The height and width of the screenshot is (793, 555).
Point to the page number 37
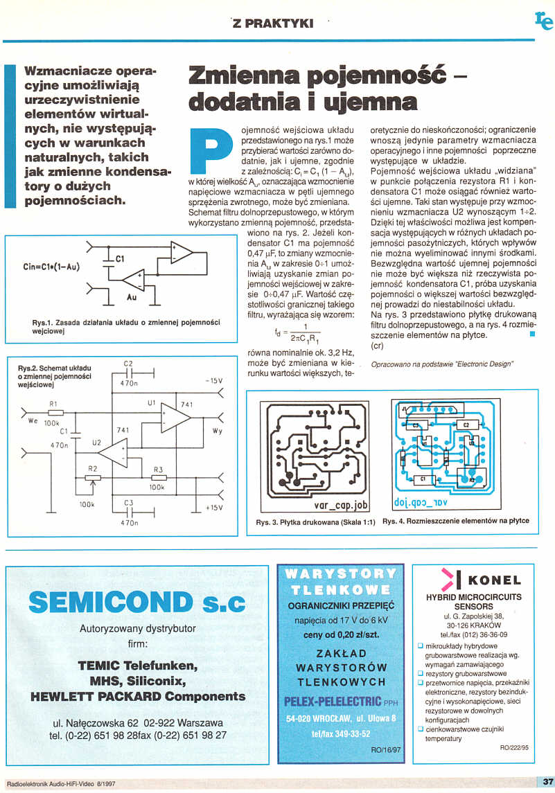pyautogui.click(x=545, y=782)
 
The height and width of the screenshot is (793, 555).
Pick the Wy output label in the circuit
pyautogui.click(x=217, y=431)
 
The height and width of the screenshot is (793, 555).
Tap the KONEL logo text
pyautogui.click(x=494, y=580)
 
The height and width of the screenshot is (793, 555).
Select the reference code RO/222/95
pyautogui.click(x=513, y=748)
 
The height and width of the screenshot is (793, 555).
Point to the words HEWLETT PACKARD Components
pyautogui.click(x=138, y=695)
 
